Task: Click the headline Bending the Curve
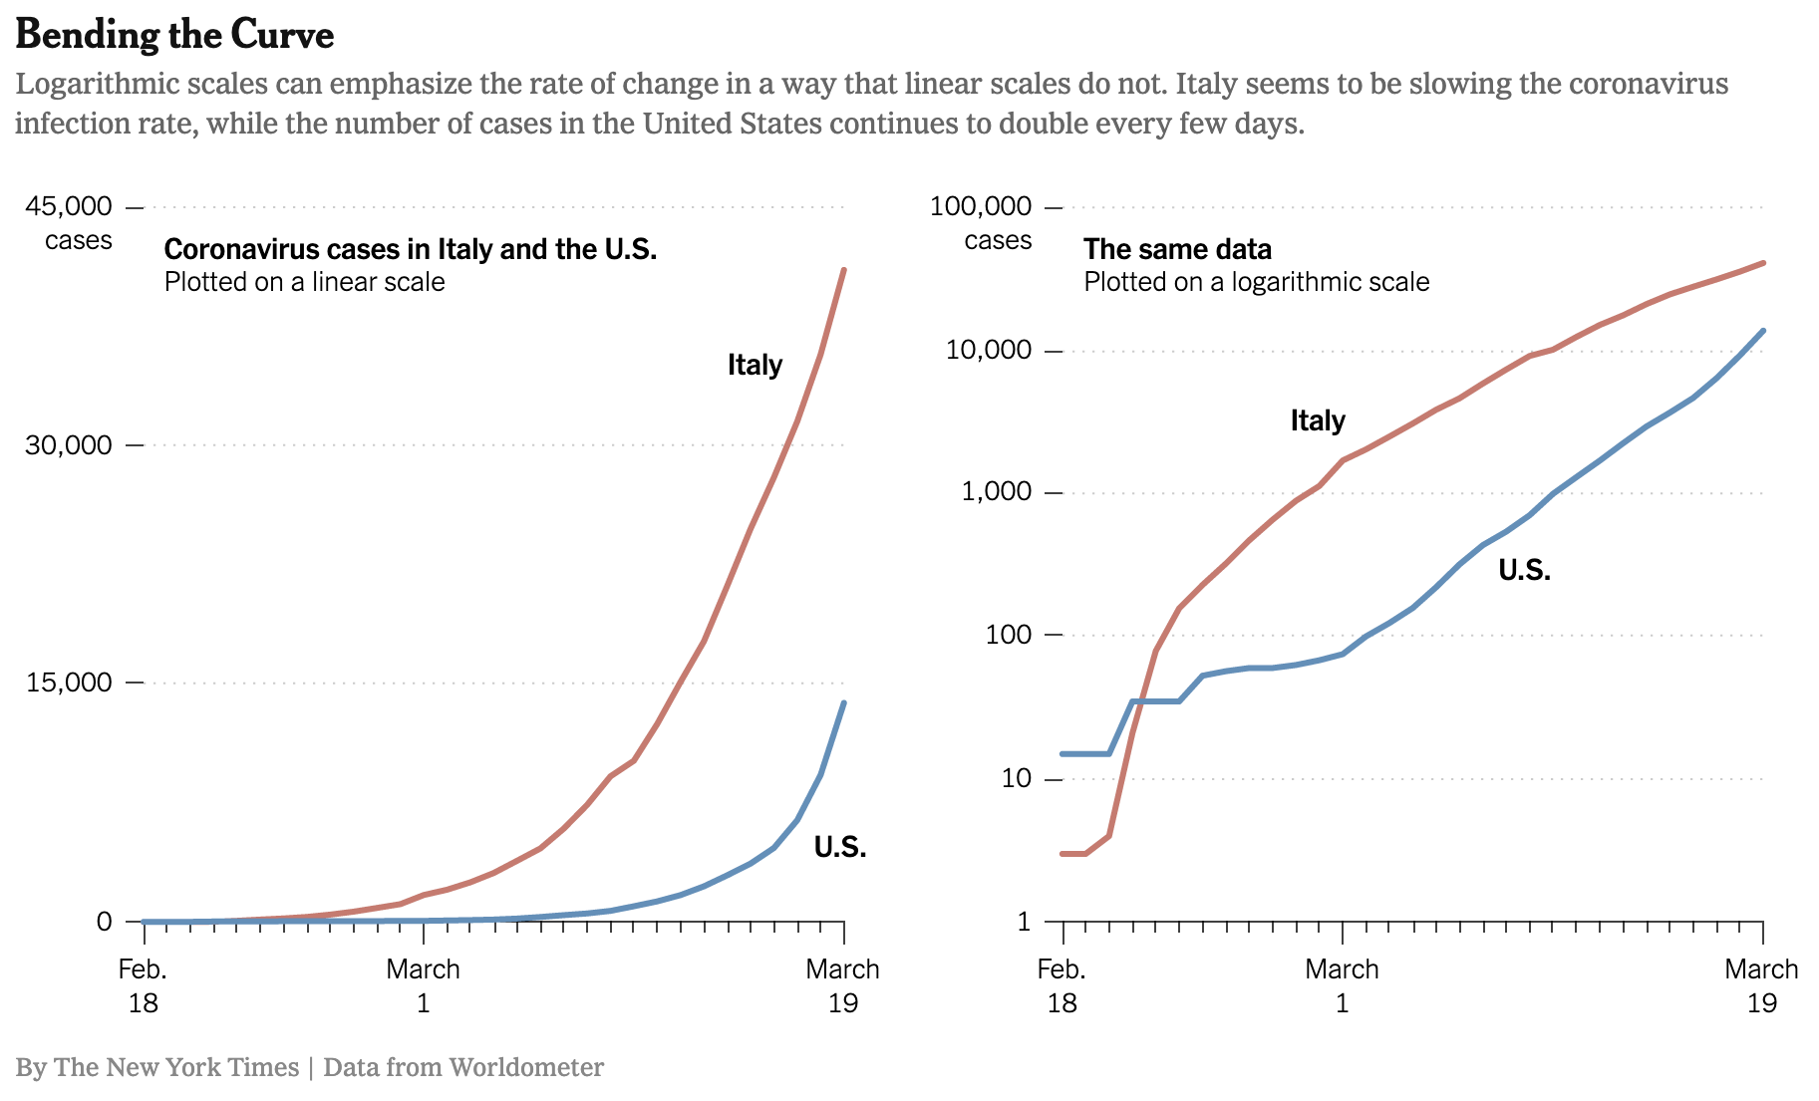tap(174, 36)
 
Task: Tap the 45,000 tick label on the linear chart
tap(69, 206)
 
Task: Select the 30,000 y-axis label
tap(69, 444)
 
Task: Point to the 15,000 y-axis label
tap(69, 683)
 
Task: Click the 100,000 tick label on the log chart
tap(981, 206)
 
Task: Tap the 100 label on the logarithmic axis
tap(1008, 635)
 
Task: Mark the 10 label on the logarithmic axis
tap(1015, 778)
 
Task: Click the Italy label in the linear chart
tap(755, 365)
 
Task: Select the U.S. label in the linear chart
tap(840, 847)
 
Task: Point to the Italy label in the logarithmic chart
tap(1318, 420)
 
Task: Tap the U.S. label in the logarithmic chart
tap(1525, 570)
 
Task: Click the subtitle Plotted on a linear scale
tap(304, 282)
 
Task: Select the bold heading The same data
tap(1177, 249)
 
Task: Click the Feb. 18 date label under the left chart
tap(144, 985)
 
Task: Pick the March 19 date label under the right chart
tap(1761, 985)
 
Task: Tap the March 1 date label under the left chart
tap(424, 985)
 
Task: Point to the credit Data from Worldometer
tap(463, 1067)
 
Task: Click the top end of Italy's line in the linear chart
tap(844, 270)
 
